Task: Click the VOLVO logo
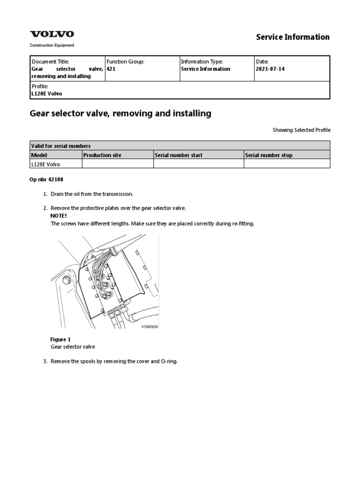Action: click(52, 34)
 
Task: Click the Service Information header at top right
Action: click(292, 37)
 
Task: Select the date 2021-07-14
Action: click(270, 69)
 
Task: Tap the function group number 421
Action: click(111, 69)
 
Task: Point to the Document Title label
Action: click(50, 61)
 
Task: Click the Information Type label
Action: click(202, 61)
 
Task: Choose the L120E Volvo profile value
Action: click(46, 94)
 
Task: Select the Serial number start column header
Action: click(179, 155)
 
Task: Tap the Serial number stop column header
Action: click(269, 155)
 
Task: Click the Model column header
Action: click(39, 155)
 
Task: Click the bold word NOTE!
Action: click(59, 216)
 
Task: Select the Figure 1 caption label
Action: click(60, 339)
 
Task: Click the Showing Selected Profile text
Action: click(301, 130)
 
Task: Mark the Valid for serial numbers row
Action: click(60, 146)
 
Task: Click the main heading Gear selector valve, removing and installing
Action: click(120, 113)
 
